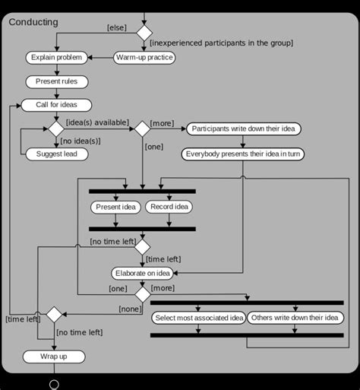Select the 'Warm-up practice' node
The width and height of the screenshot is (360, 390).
(x=145, y=57)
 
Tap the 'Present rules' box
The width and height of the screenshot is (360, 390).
(x=57, y=81)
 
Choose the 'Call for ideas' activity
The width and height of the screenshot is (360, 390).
(x=56, y=105)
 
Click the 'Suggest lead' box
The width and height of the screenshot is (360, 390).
(x=57, y=154)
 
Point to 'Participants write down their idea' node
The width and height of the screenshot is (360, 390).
(x=243, y=129)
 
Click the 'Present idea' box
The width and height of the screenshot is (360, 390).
(x=115, y=207)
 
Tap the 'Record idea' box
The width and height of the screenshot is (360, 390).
(x=169, y=207)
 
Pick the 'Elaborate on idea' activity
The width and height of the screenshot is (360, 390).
(x=142, y=273)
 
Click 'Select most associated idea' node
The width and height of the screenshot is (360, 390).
(x=198, y=317)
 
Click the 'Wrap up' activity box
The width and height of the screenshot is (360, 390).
(x=53, y=357)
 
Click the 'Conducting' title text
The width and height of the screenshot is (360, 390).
(x=33, y=22)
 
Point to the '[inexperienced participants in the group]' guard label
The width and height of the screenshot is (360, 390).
(x=221, y=43)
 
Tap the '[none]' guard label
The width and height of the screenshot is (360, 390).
(x=130, y=309)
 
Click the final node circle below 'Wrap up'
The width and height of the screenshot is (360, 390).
(x=54, y=385)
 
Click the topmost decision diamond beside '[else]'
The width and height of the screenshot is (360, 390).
(x=144, y=32)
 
